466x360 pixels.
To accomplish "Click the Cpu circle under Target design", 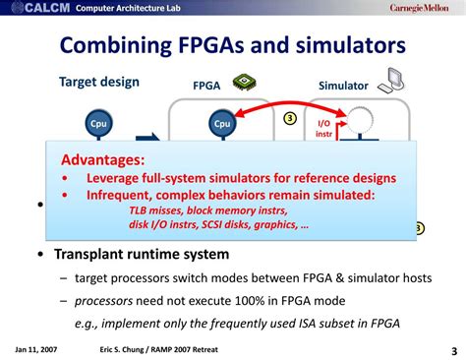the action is click(98, 124).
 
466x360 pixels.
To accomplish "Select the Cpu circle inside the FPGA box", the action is click(222, 124).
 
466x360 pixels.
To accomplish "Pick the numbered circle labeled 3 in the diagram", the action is click(290, 118).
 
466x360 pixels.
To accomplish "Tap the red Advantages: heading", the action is click(103, 159).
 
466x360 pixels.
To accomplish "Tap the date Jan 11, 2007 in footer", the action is click(35, 348).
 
